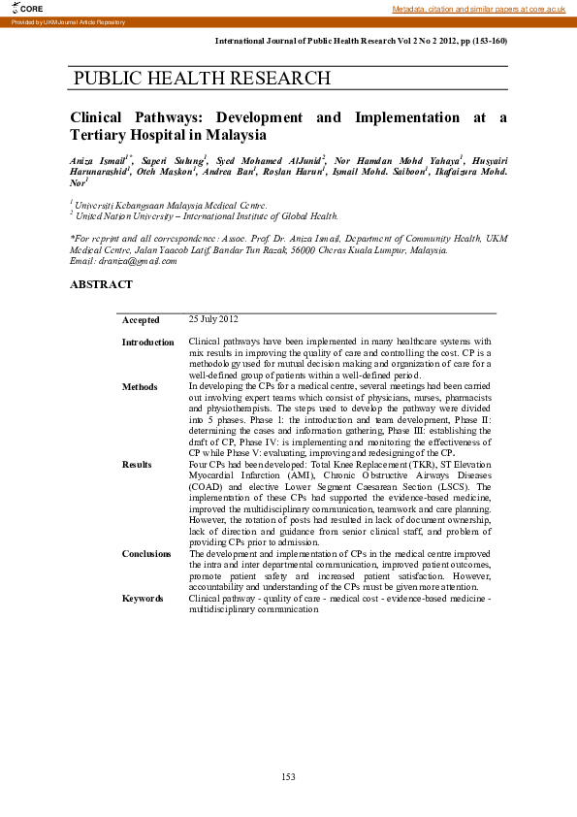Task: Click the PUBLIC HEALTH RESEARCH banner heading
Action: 202,79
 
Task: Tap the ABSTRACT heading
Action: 102,284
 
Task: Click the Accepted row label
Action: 141,320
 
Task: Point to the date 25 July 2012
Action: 213,319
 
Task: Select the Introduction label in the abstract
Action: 147,343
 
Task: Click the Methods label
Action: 139,387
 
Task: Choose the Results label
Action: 137,465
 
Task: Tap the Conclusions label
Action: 146,554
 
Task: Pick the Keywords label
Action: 142,599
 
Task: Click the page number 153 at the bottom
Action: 288,776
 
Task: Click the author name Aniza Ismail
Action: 101,158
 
